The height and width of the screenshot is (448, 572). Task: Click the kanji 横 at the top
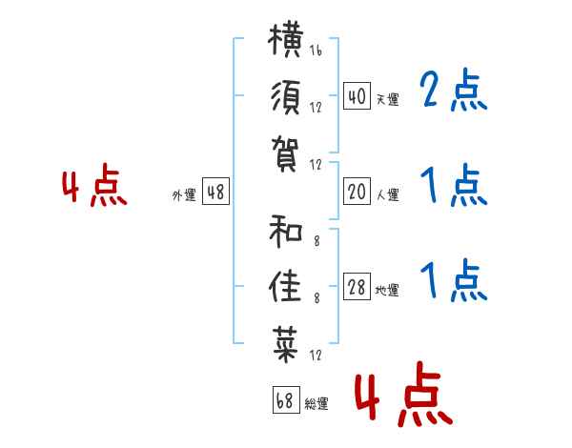tap(286, 40)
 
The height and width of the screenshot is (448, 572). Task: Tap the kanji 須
tap(286, 97)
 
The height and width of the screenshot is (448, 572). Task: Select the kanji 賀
tap(286, 154)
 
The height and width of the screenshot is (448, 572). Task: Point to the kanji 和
tap(286, 232)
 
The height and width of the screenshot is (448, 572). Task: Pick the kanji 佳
tap(286, 287)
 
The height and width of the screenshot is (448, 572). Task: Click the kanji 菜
tap(286, 344)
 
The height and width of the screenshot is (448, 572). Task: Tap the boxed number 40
tap(357, 96)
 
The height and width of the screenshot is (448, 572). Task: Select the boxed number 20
tap(357, 192)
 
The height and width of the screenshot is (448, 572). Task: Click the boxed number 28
tap(357, 287)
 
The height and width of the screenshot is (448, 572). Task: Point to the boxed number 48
tap(215, 192)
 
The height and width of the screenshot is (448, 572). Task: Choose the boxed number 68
tap(286, 400)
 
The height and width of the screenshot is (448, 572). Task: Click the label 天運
tap(388, 99)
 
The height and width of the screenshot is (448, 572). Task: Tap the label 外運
tap(184, 194)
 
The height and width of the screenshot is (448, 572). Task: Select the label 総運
tap(317, 403)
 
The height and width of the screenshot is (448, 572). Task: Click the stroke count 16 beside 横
tap(316, 50)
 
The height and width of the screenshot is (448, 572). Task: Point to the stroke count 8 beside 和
tap(317, 241)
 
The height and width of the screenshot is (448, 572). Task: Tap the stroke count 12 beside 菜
tap(316, 355)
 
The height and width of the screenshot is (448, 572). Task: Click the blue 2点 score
tap(454, 91)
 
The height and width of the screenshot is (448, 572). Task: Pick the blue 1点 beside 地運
tap(454, 280)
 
